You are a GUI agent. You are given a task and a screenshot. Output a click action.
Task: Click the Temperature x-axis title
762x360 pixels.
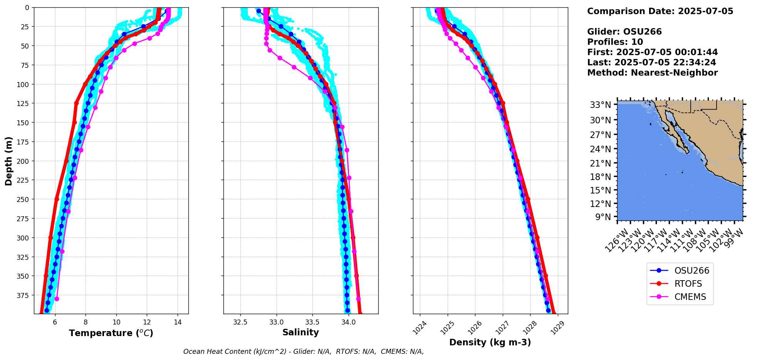pyautogui.click(x=111, y=333)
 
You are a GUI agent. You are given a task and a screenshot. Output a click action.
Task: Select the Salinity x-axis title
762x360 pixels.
pyautogui.click(x=300, y=332)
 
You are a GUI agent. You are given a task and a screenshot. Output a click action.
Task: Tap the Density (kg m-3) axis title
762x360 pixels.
pyautogui.click(x=490, y=342)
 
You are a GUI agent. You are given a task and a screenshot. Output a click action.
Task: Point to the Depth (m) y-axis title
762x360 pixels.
pyautogui.click(x=9, y=161)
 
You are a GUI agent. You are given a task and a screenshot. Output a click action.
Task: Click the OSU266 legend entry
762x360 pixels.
pyautogui.click(x=692, y=271)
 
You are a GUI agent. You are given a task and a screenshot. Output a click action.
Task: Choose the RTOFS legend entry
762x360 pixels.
pyautogui.click(x=688, y=284)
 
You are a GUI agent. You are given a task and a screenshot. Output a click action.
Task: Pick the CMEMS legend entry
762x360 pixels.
pyautogui.click(x=690, y=297)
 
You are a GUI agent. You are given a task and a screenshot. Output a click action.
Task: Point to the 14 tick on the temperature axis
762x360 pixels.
pyautogui.click(x=178, y=322)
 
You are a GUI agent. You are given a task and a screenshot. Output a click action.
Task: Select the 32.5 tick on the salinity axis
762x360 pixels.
pyautogui.click(x=240, y=322)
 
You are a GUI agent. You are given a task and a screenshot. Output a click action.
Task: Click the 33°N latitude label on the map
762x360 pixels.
pyautogui.click(x=601, y=105)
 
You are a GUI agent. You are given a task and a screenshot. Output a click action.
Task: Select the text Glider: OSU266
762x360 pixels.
pyautogui.click(x=624, y=32)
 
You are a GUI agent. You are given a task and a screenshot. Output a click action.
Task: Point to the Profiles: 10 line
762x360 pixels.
pyautogui.click(x=615, y=42)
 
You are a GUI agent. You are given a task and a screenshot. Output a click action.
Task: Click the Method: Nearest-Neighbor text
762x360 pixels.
pyautogui.click(x=652, y=73)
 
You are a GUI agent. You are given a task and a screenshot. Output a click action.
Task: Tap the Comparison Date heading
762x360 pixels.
pyautogui.click(x=660, y=11)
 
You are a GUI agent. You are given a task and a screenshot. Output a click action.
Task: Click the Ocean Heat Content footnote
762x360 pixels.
pyautogui.click(x=303, y=352)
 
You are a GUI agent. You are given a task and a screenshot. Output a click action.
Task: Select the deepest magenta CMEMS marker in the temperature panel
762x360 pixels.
pyautogui.click(x=57, y=299)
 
